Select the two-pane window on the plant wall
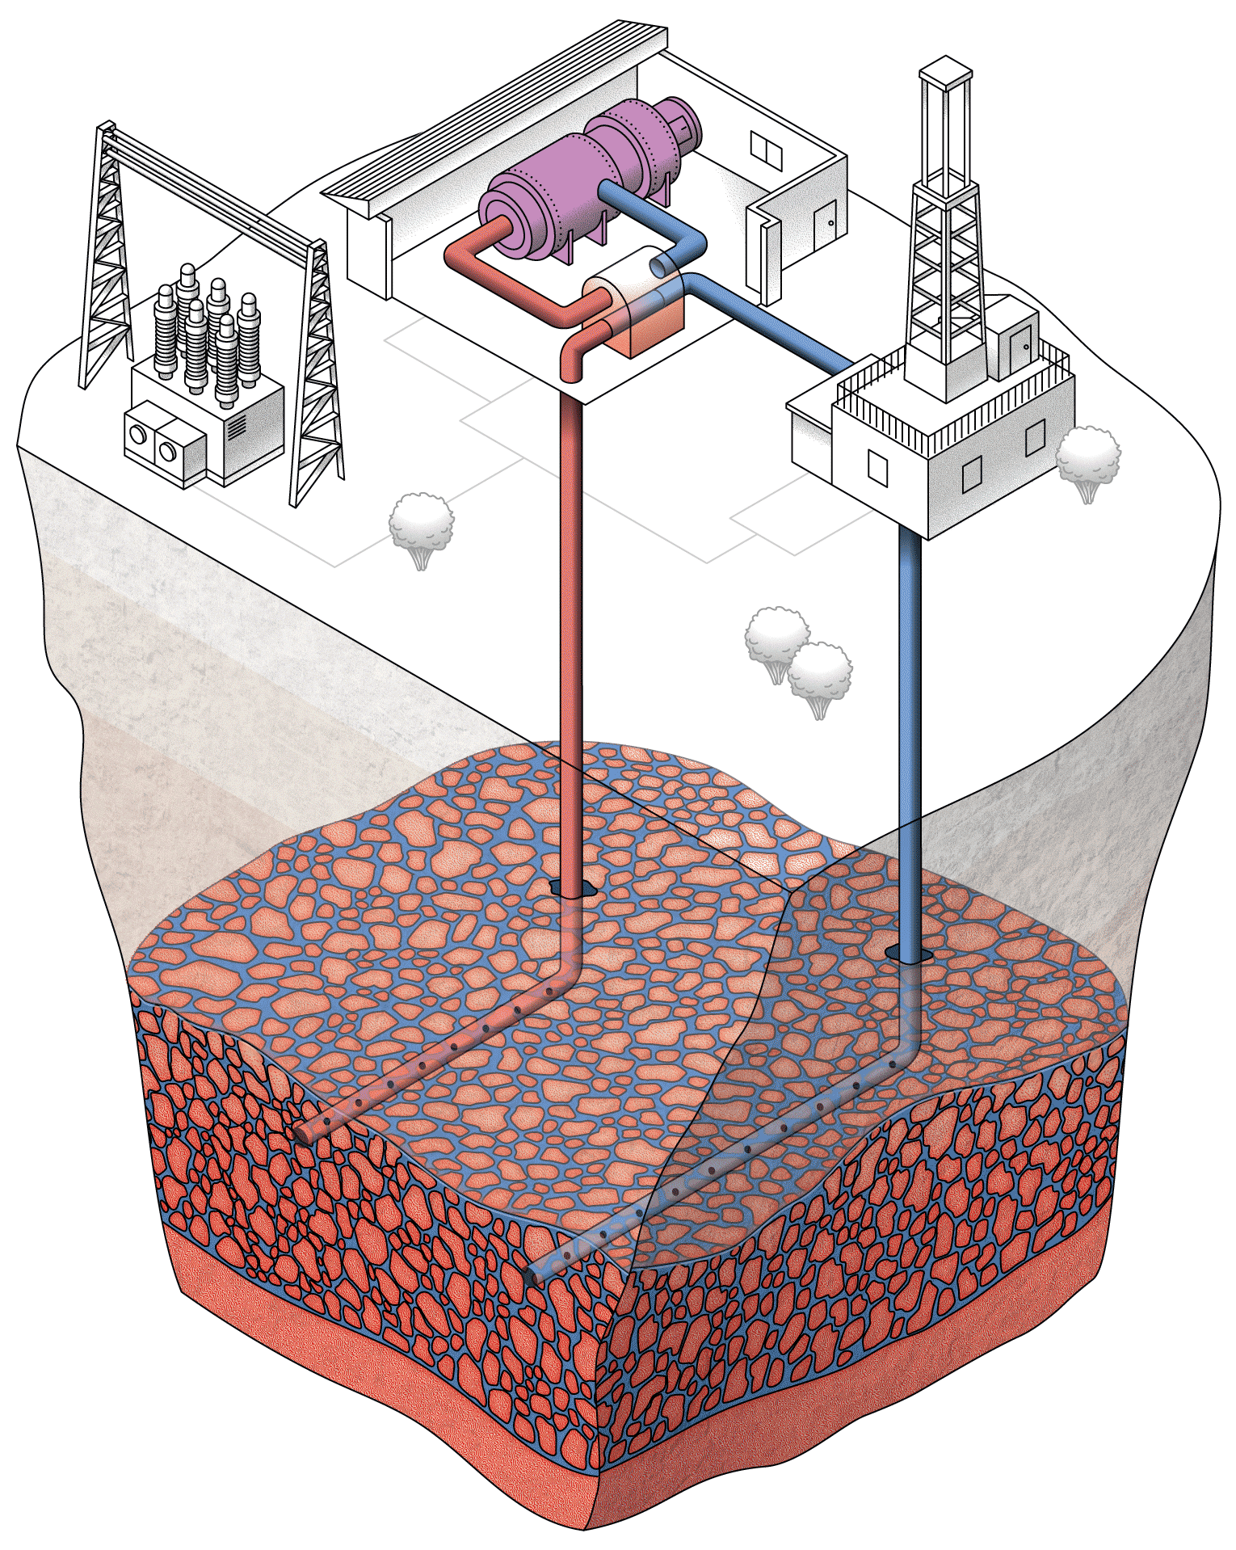(x=766, y=150)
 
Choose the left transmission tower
(x=107, y=259)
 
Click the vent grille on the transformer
(x=236, y=425)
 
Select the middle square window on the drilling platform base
(x=972, y=474)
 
